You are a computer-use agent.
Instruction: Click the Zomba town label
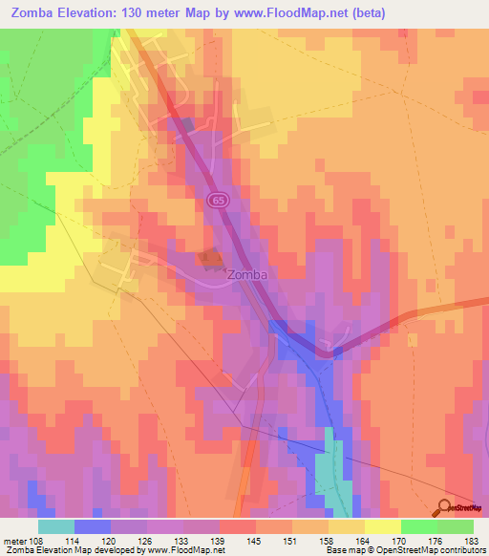coord(246,275)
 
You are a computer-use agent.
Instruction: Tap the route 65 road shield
coord(218,199)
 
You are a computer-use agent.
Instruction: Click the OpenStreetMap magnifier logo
coord(446,508)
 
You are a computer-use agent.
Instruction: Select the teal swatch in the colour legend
coord(56,526)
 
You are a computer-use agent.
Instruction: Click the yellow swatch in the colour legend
coord(382,526)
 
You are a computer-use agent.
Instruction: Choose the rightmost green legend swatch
coord(455,526)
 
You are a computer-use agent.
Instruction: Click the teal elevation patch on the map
coord(329,468)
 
